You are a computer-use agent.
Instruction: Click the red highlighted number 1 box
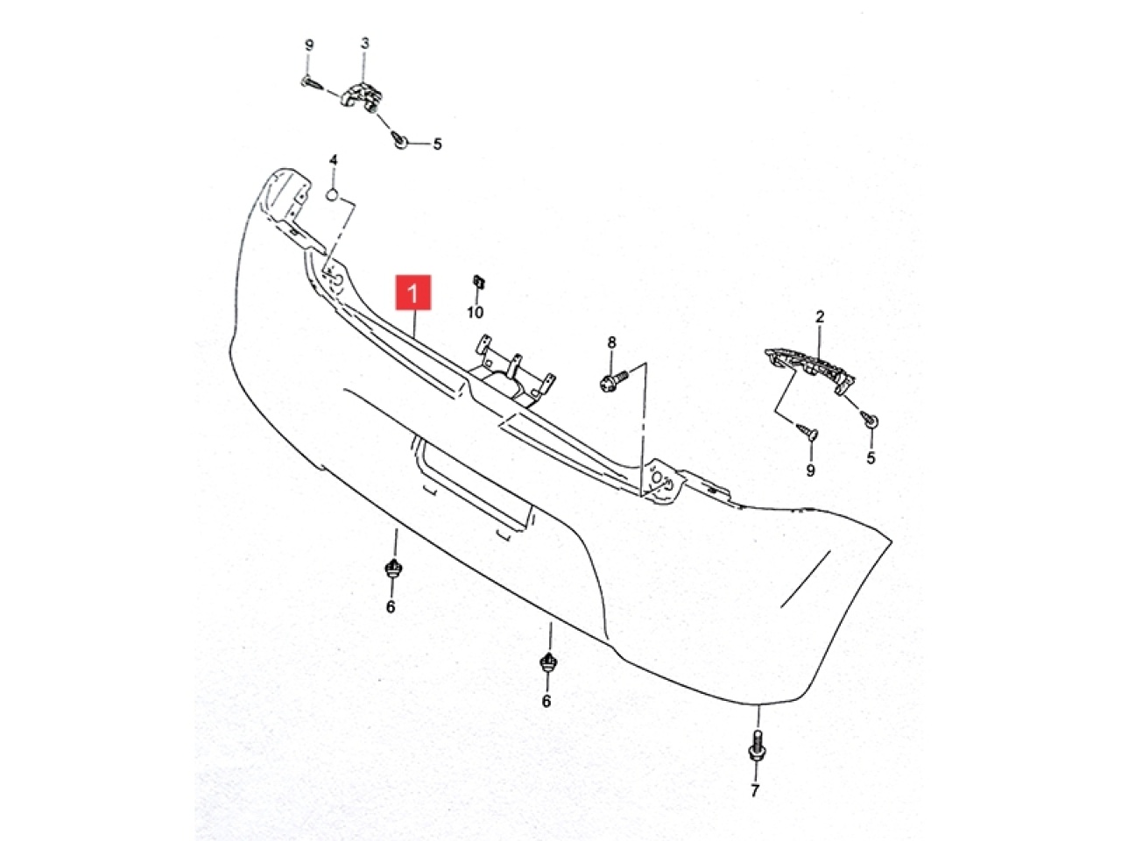pos(413,292)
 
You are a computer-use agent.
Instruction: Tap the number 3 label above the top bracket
pos(364,44)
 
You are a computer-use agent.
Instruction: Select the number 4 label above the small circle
pos(333,160)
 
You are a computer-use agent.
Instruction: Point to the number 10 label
pos(475,312)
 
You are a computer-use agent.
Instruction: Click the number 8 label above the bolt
pos(611,343)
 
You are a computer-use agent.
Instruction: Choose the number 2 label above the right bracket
pos(820,317)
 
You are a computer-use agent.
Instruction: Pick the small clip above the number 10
pos(478,281)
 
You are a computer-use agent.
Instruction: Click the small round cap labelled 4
pos(332,194)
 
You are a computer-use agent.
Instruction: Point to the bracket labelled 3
pos(361,96)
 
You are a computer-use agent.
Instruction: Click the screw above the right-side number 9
pos(807,431)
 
